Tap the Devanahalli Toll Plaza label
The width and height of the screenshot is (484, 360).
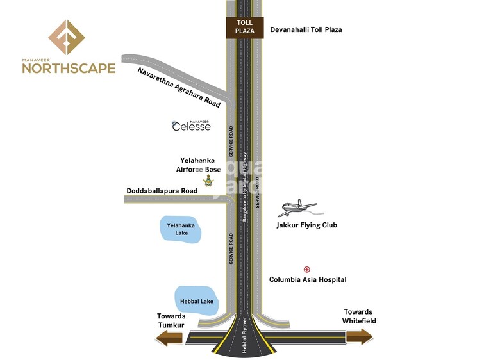tap(306, 29)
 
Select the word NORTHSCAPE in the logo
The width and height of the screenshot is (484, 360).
tap(69, 68)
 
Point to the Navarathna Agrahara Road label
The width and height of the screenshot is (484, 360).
tap(179, 86)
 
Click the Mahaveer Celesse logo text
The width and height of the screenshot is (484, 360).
tap(191, 126)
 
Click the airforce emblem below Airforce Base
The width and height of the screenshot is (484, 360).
tap(208, 181)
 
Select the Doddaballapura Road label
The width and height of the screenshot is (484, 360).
tap(162, 191)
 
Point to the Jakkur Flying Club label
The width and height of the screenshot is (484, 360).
tap(306, 225)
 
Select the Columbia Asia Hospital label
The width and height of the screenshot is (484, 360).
tap(308, 280)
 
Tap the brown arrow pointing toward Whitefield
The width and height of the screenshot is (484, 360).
tap(359, 336)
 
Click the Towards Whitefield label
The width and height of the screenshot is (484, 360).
tap(359, 316)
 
